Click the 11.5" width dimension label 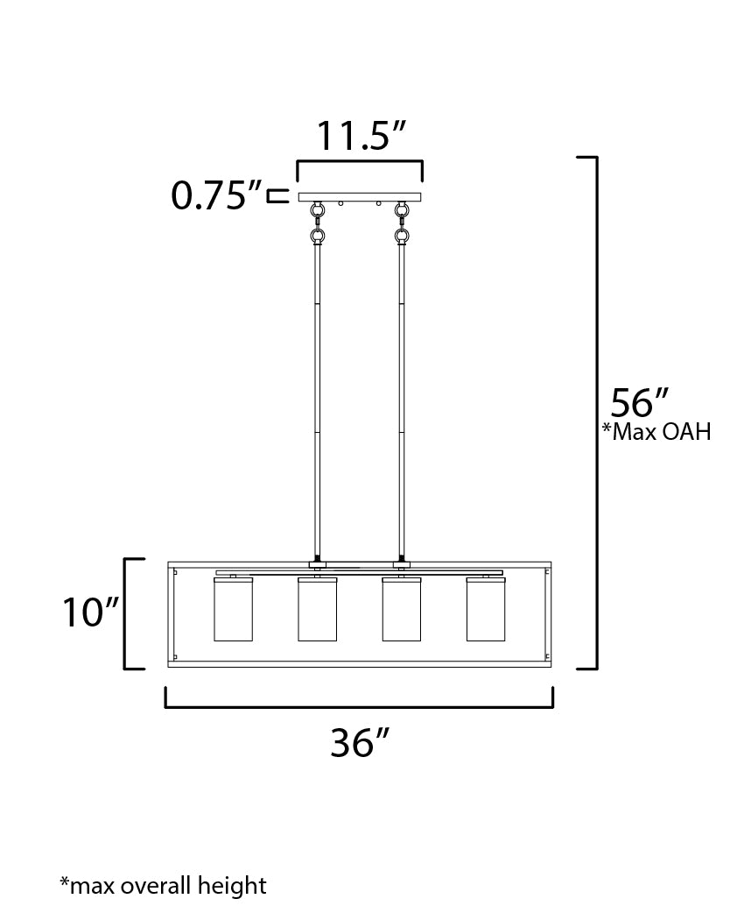pos(361,137)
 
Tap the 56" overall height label pos(639,403)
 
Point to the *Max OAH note pos(656,432)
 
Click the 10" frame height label pos(89,613)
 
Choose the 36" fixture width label pos(359,744)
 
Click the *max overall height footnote pos(163,885)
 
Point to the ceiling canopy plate pos(360,197)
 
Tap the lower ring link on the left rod pos(317,237)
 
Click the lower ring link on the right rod pos(402,237)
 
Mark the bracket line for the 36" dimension pos(359,705)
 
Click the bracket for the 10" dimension pos(126,613)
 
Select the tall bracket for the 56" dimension pos(596,412)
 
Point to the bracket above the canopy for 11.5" pos(360,162)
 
